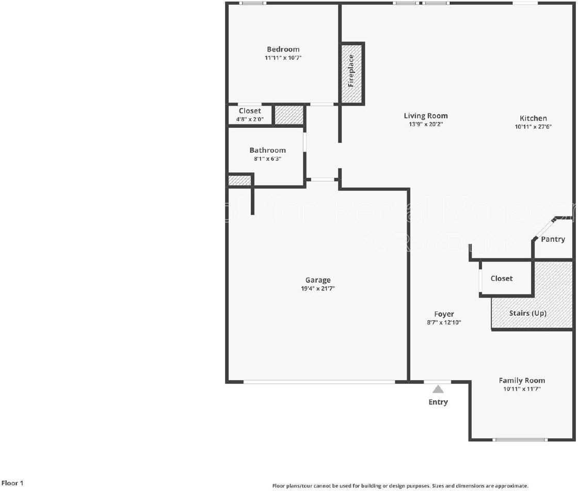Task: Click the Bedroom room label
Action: pos(283,50)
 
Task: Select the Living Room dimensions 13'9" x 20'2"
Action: pos(426,124)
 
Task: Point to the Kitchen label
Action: pos(533,118)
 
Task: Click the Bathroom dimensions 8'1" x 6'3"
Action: pos(267,159)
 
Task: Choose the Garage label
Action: pos(317,280)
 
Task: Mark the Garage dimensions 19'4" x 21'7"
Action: pos(317,289)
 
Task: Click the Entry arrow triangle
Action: pos(438,389)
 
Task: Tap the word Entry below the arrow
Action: pos(438,402)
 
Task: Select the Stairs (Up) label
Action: pos(527,313)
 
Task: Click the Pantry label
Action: pos(553,239)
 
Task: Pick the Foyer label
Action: pos(444,314)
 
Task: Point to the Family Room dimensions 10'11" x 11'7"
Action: pos(522,389)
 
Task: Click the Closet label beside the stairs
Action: pos(502,279)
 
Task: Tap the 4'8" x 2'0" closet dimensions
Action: pos(250,119)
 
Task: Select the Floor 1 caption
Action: pos(12,483)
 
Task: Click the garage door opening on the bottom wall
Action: pos(319,382)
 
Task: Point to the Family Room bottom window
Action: pos(519,440)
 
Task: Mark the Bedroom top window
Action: pos(253,3)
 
